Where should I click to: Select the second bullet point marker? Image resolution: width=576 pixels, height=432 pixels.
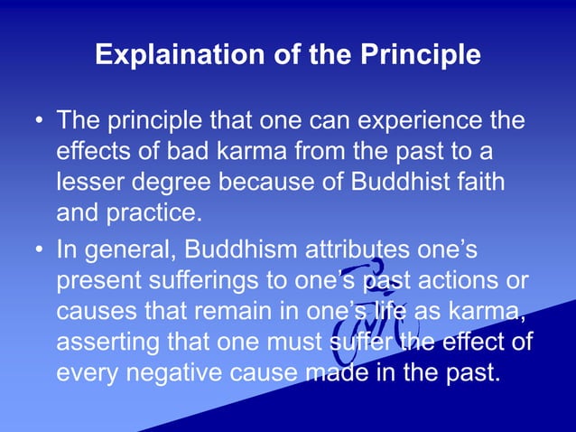coord(37,248)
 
